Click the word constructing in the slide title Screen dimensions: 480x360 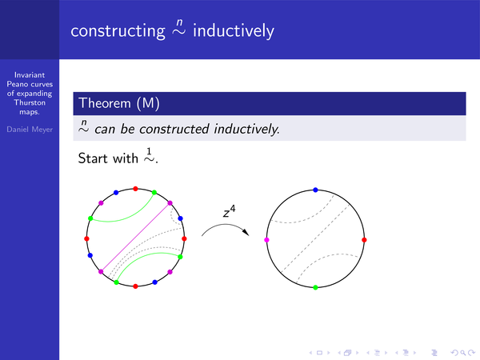tap(118, 31)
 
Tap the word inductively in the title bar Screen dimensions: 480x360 tap(234, 30)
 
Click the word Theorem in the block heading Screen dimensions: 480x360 tap(105, 103)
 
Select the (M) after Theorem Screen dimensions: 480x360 tap(148, 103)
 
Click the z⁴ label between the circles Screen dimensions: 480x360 tap(229, 211)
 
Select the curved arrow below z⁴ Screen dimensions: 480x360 tap(225, 225)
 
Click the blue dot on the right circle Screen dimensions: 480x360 tap(315, 190)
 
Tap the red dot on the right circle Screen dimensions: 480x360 tap(364, 240)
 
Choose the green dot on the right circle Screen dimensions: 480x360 tap(315, 287)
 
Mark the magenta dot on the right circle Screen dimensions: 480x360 tap(266, 240)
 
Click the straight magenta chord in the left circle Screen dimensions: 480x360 tap(135, 238)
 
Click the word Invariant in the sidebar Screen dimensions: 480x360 tap(30, 75)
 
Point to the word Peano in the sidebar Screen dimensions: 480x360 tap(17, 84)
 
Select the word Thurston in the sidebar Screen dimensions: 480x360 tap(30, 102)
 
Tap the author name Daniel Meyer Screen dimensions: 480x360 tap(30, 130)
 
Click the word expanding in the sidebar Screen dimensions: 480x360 tap(34, 94)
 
